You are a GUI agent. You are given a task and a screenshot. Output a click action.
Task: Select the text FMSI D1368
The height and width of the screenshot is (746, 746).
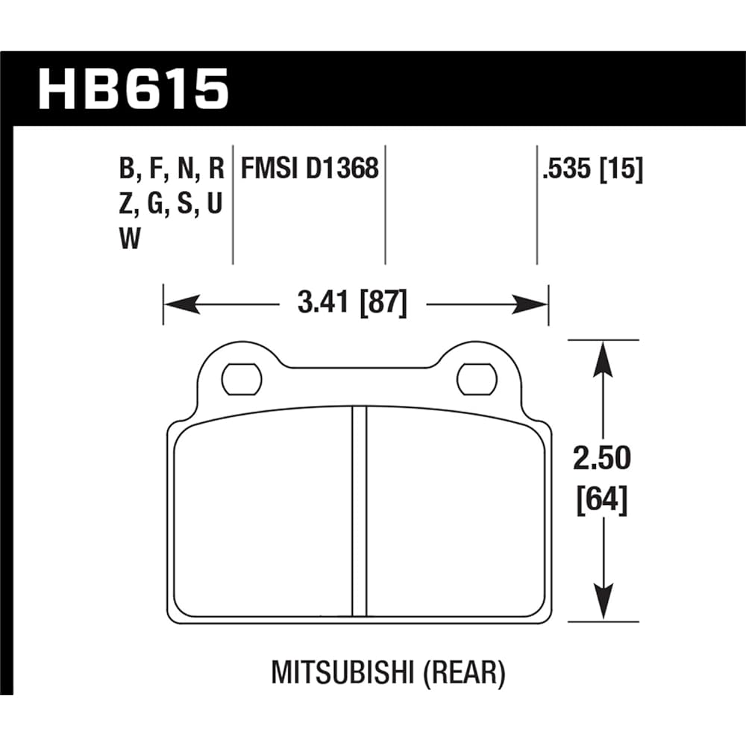tap(310, 170)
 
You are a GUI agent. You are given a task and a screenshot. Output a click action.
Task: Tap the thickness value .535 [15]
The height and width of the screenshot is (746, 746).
tap(592, 170)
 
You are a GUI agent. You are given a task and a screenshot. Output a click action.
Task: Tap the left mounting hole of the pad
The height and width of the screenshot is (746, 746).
tap(242, 379)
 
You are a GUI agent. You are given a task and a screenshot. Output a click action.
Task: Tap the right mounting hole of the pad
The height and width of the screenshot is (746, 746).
tap(477, 379)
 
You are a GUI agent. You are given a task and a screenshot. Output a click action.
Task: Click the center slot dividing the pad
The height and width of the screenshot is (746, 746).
tap(360, 511)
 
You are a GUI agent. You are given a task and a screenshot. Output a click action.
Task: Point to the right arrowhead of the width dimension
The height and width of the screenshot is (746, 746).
tap(530, 304)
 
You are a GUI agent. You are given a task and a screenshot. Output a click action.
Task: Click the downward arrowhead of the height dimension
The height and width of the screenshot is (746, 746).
tap(603, 602)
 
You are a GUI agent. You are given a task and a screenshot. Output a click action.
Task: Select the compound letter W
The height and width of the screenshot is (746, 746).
tap(130, 239)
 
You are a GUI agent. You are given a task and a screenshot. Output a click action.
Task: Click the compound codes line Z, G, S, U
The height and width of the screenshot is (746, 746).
tap(171, 205)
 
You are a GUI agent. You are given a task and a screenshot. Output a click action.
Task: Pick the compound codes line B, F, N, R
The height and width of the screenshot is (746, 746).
tap(171, 170)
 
